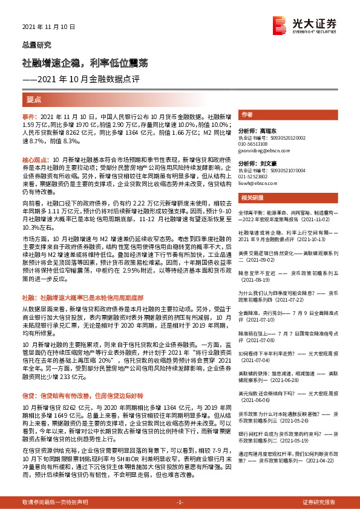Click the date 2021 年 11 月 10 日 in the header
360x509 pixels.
coord(48,28)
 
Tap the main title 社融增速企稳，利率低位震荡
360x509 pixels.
coord(85,63)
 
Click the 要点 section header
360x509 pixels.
coord(34,99)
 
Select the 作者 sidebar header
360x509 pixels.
coord(247,114)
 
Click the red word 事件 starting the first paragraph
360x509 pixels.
coord(29,115)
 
